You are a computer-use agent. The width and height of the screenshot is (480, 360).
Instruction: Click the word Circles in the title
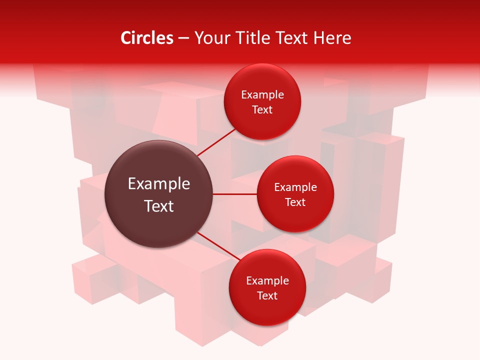(147, 38)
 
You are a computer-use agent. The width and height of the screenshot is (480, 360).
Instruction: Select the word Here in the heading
(332, 38)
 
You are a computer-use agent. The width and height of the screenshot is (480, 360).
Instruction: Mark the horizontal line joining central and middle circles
(235, 194)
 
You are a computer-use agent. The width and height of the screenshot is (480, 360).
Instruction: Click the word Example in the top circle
(262, 95)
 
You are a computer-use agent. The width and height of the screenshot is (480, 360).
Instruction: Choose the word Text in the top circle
(262, 109)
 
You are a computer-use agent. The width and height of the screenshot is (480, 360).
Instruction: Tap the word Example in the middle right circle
(295, 187)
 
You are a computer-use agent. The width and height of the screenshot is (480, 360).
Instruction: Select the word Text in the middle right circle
(295, 202)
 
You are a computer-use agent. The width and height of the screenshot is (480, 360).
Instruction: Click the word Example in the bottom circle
(267, 281)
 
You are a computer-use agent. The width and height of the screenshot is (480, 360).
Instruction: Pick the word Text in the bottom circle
(267, 295)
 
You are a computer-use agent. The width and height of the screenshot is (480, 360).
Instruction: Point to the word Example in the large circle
(159, 184)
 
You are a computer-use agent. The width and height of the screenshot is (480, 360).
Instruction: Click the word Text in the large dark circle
(159, 206)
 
